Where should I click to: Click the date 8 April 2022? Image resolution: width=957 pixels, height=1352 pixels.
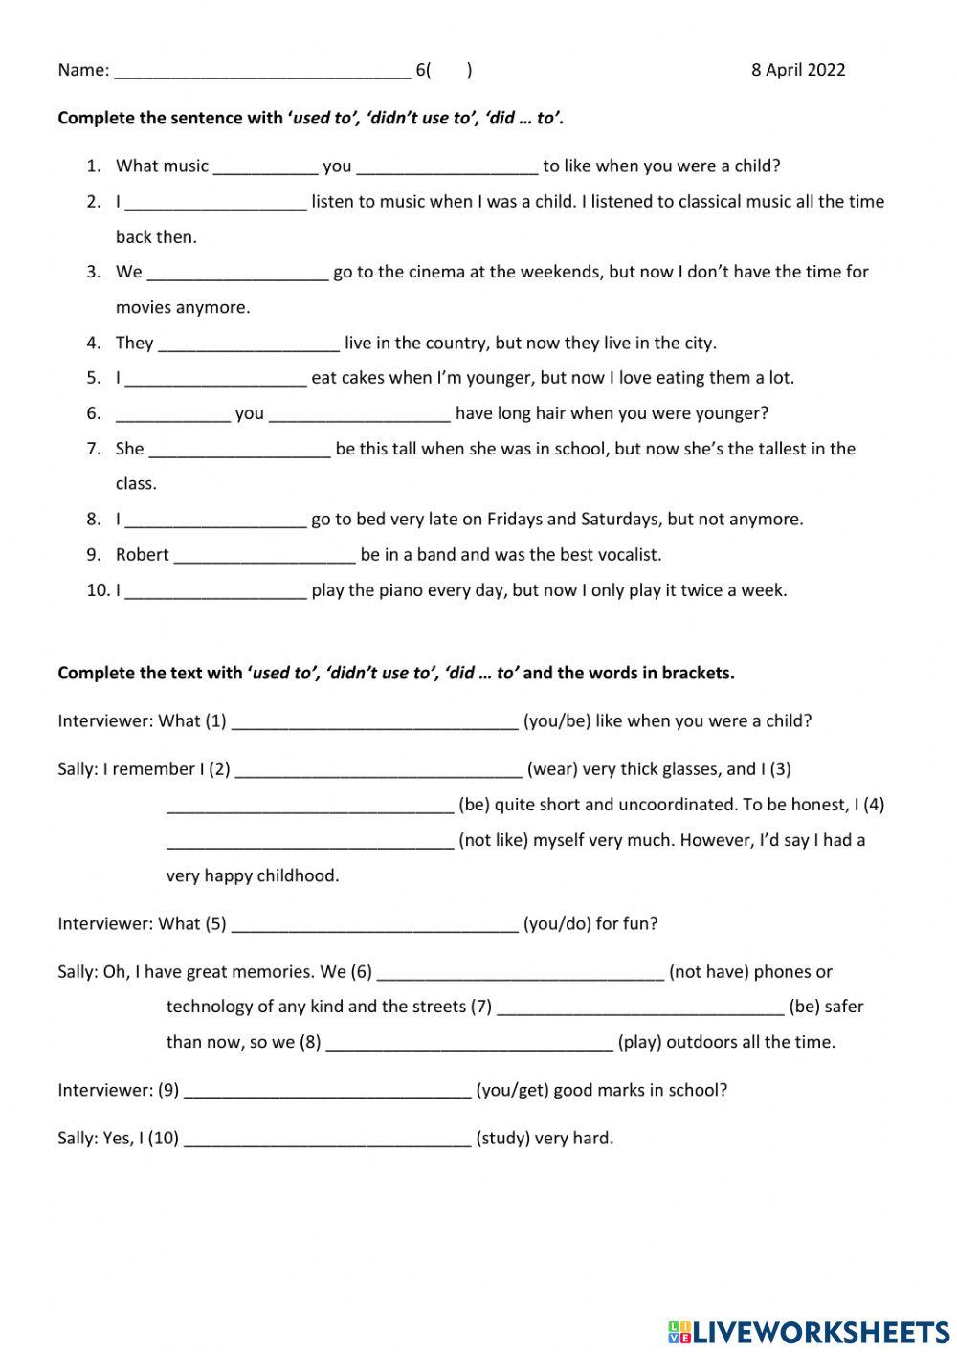[x=798, y=69]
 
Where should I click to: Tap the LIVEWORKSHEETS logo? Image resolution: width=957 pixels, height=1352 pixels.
[x=809, y=1331]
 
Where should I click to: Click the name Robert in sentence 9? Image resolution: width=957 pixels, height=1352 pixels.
[x=142, y=555]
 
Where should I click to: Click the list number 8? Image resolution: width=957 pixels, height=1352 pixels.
[x=93, y=520]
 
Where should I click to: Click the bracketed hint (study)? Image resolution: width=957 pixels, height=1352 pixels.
[x=502, y=1139]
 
